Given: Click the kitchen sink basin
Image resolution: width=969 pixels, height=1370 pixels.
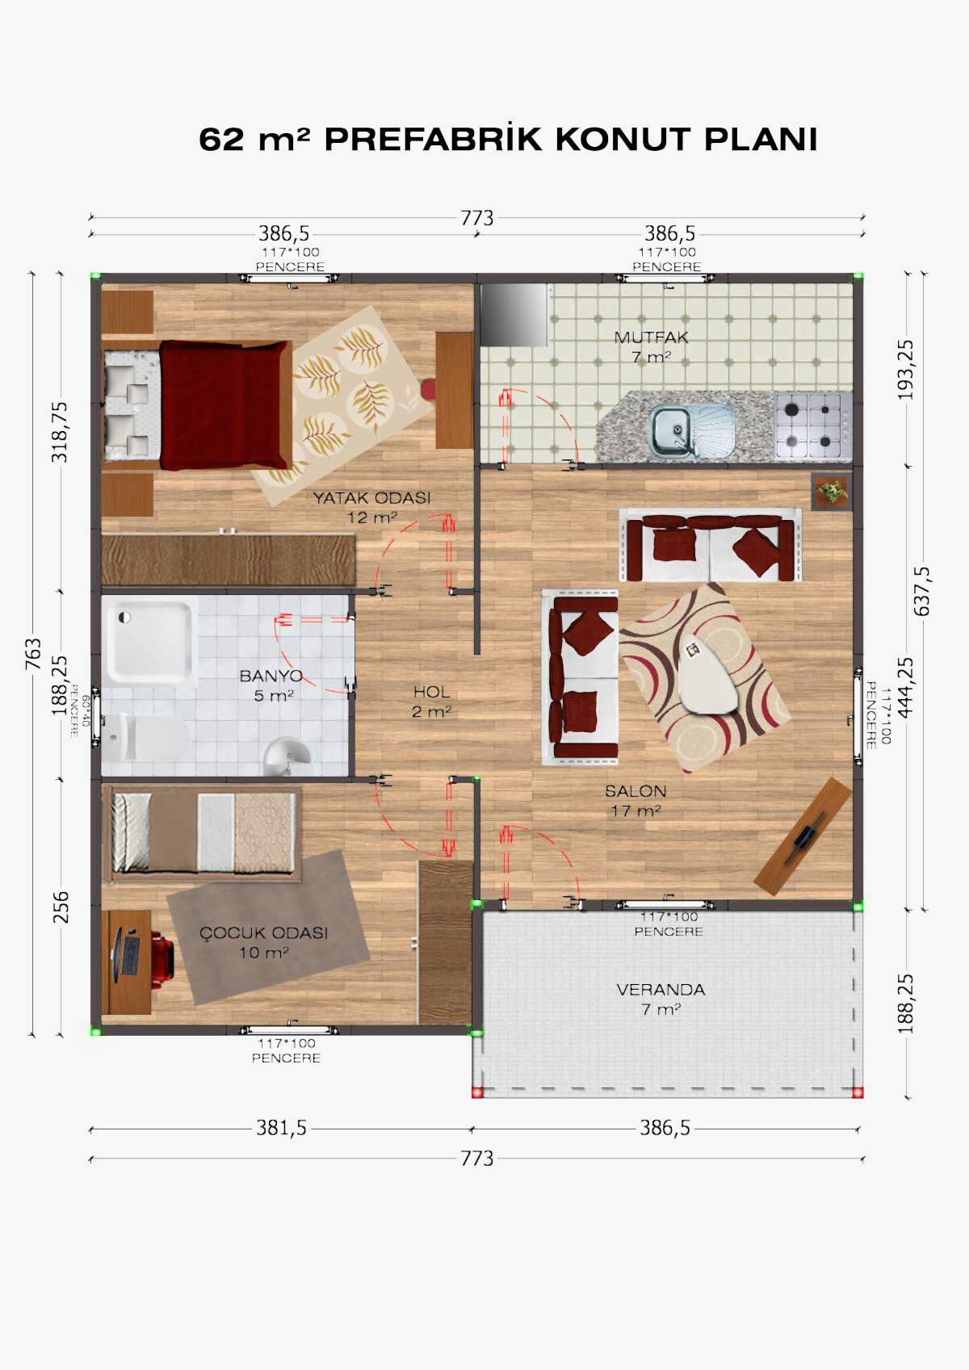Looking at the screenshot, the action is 670,423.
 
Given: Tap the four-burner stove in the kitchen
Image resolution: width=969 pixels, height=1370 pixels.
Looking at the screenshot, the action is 814,425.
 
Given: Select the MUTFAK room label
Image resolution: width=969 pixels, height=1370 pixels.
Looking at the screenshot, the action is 651,337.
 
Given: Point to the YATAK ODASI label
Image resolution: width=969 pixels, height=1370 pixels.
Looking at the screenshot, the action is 372,498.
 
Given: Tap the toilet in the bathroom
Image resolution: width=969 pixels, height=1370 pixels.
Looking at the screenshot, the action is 145,737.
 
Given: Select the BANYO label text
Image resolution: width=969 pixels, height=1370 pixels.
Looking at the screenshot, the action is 271,676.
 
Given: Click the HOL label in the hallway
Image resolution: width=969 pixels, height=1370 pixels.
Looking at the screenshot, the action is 431,693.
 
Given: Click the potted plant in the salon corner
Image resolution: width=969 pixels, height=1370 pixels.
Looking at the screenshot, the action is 832,491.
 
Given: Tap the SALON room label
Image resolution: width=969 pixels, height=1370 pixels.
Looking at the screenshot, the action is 636,791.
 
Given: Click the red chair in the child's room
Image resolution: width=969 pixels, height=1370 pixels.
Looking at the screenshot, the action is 162,958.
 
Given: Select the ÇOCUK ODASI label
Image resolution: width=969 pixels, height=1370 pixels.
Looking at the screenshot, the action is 264,933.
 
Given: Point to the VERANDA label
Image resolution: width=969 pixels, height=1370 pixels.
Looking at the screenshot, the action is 661,990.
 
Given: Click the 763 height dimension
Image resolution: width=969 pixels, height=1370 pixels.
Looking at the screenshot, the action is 34,654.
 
